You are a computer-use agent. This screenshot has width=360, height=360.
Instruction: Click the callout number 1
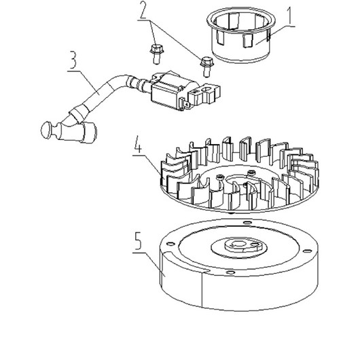(290, 16)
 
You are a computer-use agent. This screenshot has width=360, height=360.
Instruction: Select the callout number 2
(143, 10)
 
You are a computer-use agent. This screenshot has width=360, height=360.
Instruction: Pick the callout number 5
(138, 241)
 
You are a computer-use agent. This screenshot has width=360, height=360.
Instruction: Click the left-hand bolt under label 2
(156, 54)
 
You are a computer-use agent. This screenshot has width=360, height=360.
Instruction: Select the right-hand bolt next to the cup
(207, 67)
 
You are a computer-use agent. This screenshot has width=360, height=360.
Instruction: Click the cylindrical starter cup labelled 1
(241, 35)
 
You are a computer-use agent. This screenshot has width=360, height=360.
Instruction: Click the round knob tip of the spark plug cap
(47, 130)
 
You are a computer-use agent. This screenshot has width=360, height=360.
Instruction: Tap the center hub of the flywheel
(242, 246)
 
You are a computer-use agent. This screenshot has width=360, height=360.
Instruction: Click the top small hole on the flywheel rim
(247, 223)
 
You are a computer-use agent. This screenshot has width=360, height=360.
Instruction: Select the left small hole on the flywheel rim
(170, 244)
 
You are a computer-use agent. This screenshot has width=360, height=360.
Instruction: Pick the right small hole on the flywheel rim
(307, 251)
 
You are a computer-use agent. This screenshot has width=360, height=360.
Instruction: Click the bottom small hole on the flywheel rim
(230, 272)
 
